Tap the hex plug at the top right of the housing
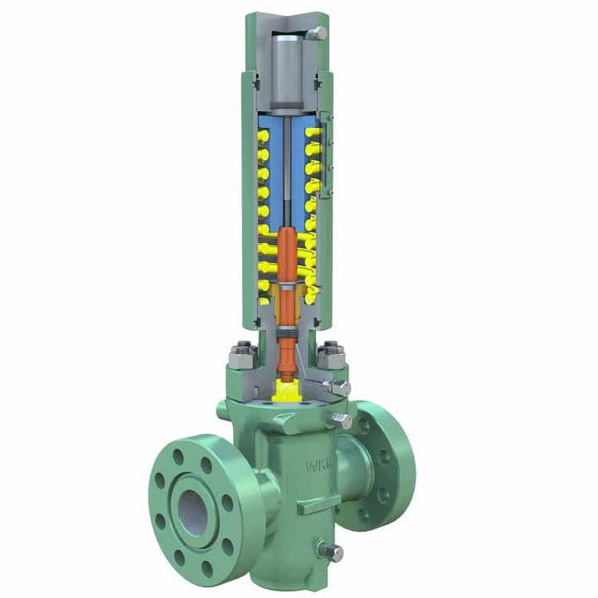pyautogui.click(x=318, y=34)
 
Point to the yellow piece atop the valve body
pyautogui.click(x=287, y=387)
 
